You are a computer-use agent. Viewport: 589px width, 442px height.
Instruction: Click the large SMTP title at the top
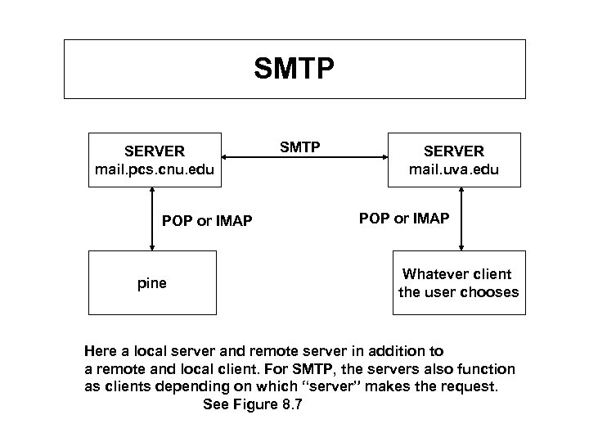(294, 70)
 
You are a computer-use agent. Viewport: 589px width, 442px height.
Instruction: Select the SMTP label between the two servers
(299, 147)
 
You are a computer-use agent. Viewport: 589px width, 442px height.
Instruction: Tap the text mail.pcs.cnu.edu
(155, 169)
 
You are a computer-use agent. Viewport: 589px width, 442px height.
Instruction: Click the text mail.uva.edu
(453, 170)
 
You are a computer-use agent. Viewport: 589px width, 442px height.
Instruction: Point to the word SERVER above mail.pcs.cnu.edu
(155, 151)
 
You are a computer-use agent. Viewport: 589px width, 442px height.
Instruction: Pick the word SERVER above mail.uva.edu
(453, 151)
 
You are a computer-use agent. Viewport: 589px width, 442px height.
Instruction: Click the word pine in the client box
(151, 283)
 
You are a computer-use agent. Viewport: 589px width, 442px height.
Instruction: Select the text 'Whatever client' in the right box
(457, 274)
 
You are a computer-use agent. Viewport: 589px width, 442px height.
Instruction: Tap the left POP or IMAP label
(207, 220)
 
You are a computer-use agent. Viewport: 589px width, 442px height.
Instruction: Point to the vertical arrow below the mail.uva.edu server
(463, 217)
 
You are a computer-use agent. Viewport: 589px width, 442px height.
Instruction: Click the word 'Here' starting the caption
(101, 349)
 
